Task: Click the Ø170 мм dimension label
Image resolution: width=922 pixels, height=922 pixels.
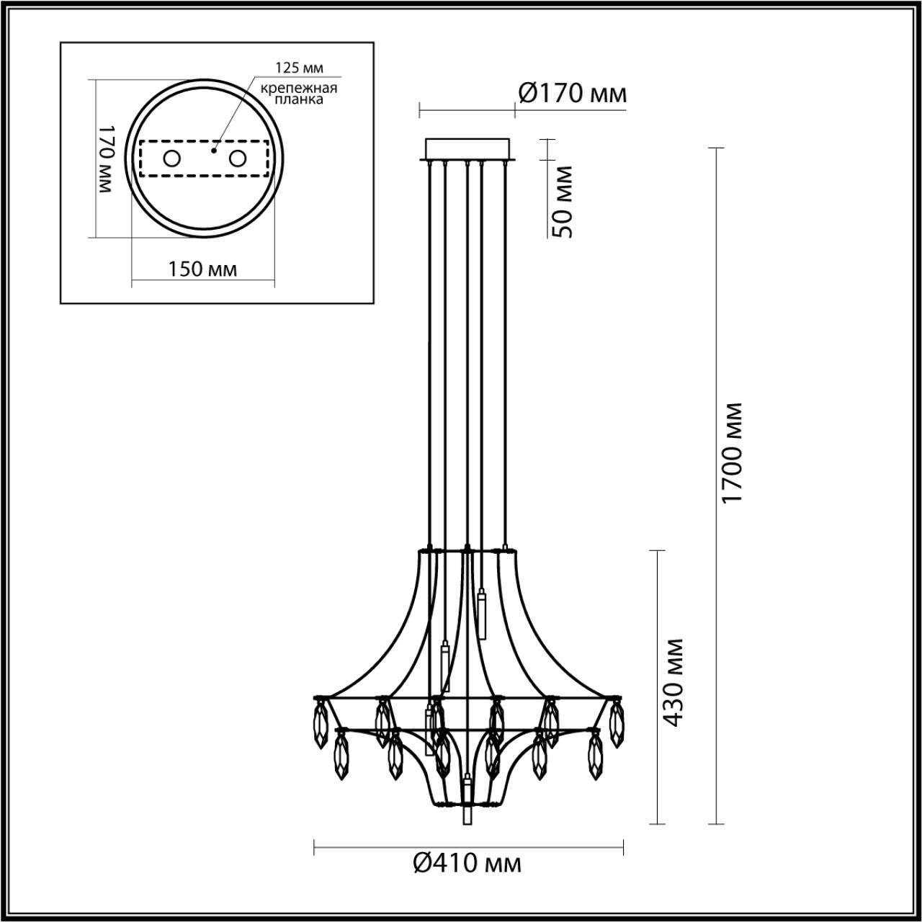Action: click(x=572, y=94)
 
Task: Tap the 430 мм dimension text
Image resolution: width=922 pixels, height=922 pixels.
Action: click(x=672, y=682)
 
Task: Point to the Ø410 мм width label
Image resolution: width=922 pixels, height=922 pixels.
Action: click(x=467, y=862)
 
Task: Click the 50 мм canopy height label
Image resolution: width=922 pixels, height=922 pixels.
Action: click(x=563, y=202)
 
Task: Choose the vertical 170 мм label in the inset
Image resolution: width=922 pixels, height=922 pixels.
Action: click(x=106, y=158)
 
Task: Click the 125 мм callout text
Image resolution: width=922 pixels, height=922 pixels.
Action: click(x=299, y=68)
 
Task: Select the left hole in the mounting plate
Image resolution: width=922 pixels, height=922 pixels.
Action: click(x=171, y=158)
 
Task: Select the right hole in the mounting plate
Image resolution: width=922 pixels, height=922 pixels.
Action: click(x=237, y=158)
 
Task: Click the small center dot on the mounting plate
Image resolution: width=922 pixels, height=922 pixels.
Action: click(x=214, y=151)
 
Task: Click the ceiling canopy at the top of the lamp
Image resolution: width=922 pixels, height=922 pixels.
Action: click(x=467, y=150)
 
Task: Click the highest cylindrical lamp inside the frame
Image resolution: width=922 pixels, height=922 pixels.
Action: click(x=480, y=613)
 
